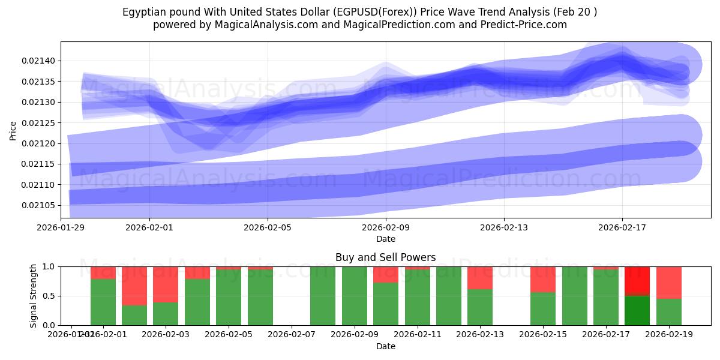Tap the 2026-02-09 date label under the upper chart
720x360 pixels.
click(386, 227)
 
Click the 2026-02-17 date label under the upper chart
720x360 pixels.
click(622, 227)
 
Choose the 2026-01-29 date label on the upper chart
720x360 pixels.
click(61, 227)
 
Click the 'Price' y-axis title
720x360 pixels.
click(13, 130)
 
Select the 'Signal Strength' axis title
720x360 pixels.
click(34, 296)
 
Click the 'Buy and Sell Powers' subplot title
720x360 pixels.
click(386, 257)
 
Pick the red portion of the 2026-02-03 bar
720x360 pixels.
click(166, 284)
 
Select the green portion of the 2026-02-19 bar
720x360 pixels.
click(669, 312)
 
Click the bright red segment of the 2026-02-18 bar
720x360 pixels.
click(637, 280)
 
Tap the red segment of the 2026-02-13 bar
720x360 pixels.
click(480, 278)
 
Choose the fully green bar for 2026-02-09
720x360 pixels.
click(355, 296)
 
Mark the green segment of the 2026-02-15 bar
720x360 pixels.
click(543, 309)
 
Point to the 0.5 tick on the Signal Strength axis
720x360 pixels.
click(49, 296)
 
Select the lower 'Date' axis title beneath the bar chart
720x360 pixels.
click(386, 346)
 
